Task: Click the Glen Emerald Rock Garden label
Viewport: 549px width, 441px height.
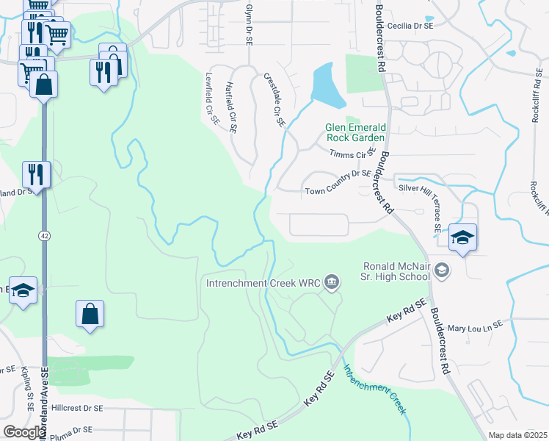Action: coord(355,132)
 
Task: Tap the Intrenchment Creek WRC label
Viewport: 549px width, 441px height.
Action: coord(263,282)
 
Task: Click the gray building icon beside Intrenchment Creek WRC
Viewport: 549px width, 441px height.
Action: coord(332,282)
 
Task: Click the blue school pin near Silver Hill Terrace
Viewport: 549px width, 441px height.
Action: coord(462,237)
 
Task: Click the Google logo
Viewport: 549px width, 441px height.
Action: coord(23,432)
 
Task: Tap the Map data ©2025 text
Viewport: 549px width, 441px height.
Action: coord(517,435)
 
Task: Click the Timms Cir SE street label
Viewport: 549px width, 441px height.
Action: coord(353,154)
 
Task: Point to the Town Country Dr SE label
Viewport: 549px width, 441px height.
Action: coord(338,192)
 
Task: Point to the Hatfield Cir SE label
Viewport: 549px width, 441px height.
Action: coord(232,107)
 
